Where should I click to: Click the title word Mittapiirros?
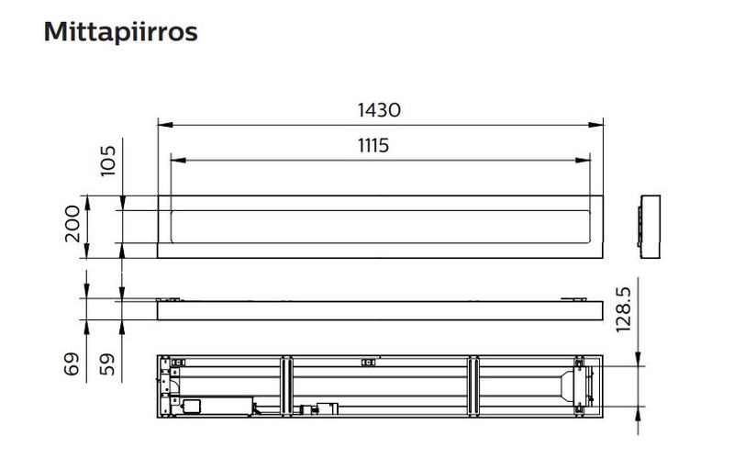(x=121, y=32)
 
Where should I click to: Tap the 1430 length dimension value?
(x=379, y=110)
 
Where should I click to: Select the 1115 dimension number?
(x=373, y=146)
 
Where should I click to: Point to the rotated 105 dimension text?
(x=108, y=161)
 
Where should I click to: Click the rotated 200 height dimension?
(x=72, y=223)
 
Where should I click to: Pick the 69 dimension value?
(x=72, y=363)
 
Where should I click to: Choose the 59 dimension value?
(x=107, y=363)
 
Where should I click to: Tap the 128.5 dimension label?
(x=624, y=309)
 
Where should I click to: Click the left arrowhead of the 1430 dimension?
(x=165, y=125)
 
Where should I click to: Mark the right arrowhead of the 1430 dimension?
(x=595, y=125)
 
